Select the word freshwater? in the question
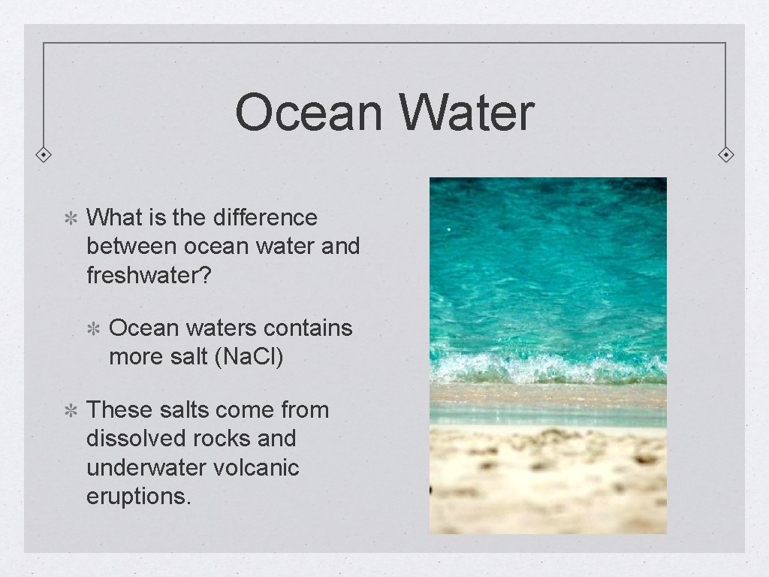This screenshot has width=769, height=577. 150,274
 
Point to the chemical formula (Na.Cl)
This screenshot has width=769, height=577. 249,357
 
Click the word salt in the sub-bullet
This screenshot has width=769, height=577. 190,357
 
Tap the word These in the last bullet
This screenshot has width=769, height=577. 120,410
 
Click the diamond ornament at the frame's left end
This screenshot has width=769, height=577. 44,155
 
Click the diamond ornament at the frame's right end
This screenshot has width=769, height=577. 726,155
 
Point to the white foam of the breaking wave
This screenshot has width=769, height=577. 548,368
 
